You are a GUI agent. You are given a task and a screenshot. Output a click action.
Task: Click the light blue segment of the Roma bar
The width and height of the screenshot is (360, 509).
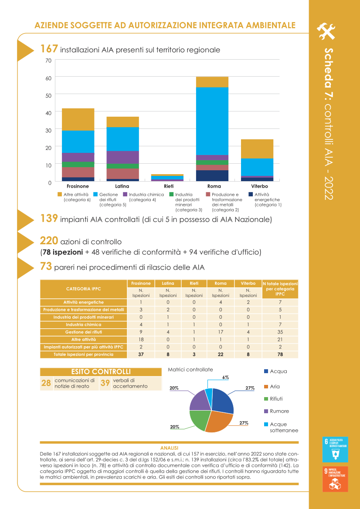coord(212,121)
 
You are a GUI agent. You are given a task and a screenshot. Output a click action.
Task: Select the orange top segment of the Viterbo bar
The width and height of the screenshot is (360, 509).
coord(257,148)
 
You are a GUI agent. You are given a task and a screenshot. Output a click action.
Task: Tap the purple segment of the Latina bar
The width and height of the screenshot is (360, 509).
coord(123,157)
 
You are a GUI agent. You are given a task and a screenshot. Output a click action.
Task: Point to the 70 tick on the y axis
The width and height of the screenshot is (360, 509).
coord(48,61)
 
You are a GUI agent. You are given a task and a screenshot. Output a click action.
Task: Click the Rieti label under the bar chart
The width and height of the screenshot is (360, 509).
coord(169,186)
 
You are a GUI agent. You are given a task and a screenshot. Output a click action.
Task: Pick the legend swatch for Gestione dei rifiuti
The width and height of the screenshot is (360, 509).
coord(95,194)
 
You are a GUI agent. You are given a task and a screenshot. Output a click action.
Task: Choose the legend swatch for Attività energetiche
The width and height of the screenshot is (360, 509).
coord(251,194)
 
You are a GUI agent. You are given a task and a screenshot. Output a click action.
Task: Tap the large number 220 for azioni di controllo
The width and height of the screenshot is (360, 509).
coord(49,241)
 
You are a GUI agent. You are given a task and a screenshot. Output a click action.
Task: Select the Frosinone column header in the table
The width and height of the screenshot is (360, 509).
coord(141,283)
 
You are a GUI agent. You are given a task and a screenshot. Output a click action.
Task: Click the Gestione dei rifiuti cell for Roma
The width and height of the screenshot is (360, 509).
coord(221,332)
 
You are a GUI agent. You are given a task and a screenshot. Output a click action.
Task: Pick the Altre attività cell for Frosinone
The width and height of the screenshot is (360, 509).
coord(141,339)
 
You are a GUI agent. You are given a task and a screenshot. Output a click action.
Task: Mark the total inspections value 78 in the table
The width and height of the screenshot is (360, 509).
coord(280,354)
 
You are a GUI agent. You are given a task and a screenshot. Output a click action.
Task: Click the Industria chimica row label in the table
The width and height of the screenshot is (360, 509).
coord(83,324)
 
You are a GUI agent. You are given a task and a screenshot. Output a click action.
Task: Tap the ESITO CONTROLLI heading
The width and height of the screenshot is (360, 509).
coord(101,371)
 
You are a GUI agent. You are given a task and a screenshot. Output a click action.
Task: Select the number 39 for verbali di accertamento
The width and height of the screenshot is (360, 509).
coord(105,383)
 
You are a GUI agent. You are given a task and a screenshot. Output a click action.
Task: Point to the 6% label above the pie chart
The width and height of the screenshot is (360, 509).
coord(226,378)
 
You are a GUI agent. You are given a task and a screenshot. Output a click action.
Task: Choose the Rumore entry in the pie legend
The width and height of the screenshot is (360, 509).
coord(279,411)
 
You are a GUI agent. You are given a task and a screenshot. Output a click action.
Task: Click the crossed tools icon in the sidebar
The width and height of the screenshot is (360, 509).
coord(326,30)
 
